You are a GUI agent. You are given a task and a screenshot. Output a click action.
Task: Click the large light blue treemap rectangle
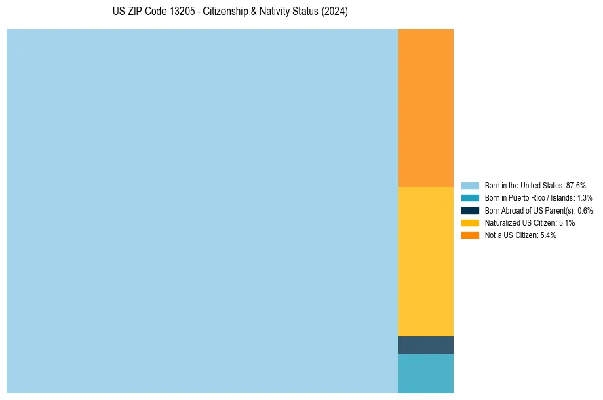(x=202, y=211)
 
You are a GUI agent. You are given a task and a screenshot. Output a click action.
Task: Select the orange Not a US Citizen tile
(x=425, y=108)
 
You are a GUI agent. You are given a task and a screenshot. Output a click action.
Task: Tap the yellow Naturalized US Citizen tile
(x=425, y=261)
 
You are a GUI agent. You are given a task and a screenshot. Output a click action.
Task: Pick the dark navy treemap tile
(x=425, y=345)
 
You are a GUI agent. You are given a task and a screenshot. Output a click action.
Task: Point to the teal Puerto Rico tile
(x=425, y=373)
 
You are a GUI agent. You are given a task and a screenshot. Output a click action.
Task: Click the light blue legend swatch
(x=469, y=185)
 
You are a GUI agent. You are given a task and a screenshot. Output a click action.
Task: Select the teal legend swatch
(x=469, y=198)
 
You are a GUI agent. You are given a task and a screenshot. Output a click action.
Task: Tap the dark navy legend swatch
(x=469, y=210)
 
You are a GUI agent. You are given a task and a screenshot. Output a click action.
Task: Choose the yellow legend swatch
(x=469, y=222)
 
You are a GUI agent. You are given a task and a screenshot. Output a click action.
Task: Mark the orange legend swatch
(x=469, y=235)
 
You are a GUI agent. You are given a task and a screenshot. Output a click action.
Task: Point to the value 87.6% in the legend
(x=576, y=185)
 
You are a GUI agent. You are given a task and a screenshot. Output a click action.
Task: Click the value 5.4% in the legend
(x=548, y=235)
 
